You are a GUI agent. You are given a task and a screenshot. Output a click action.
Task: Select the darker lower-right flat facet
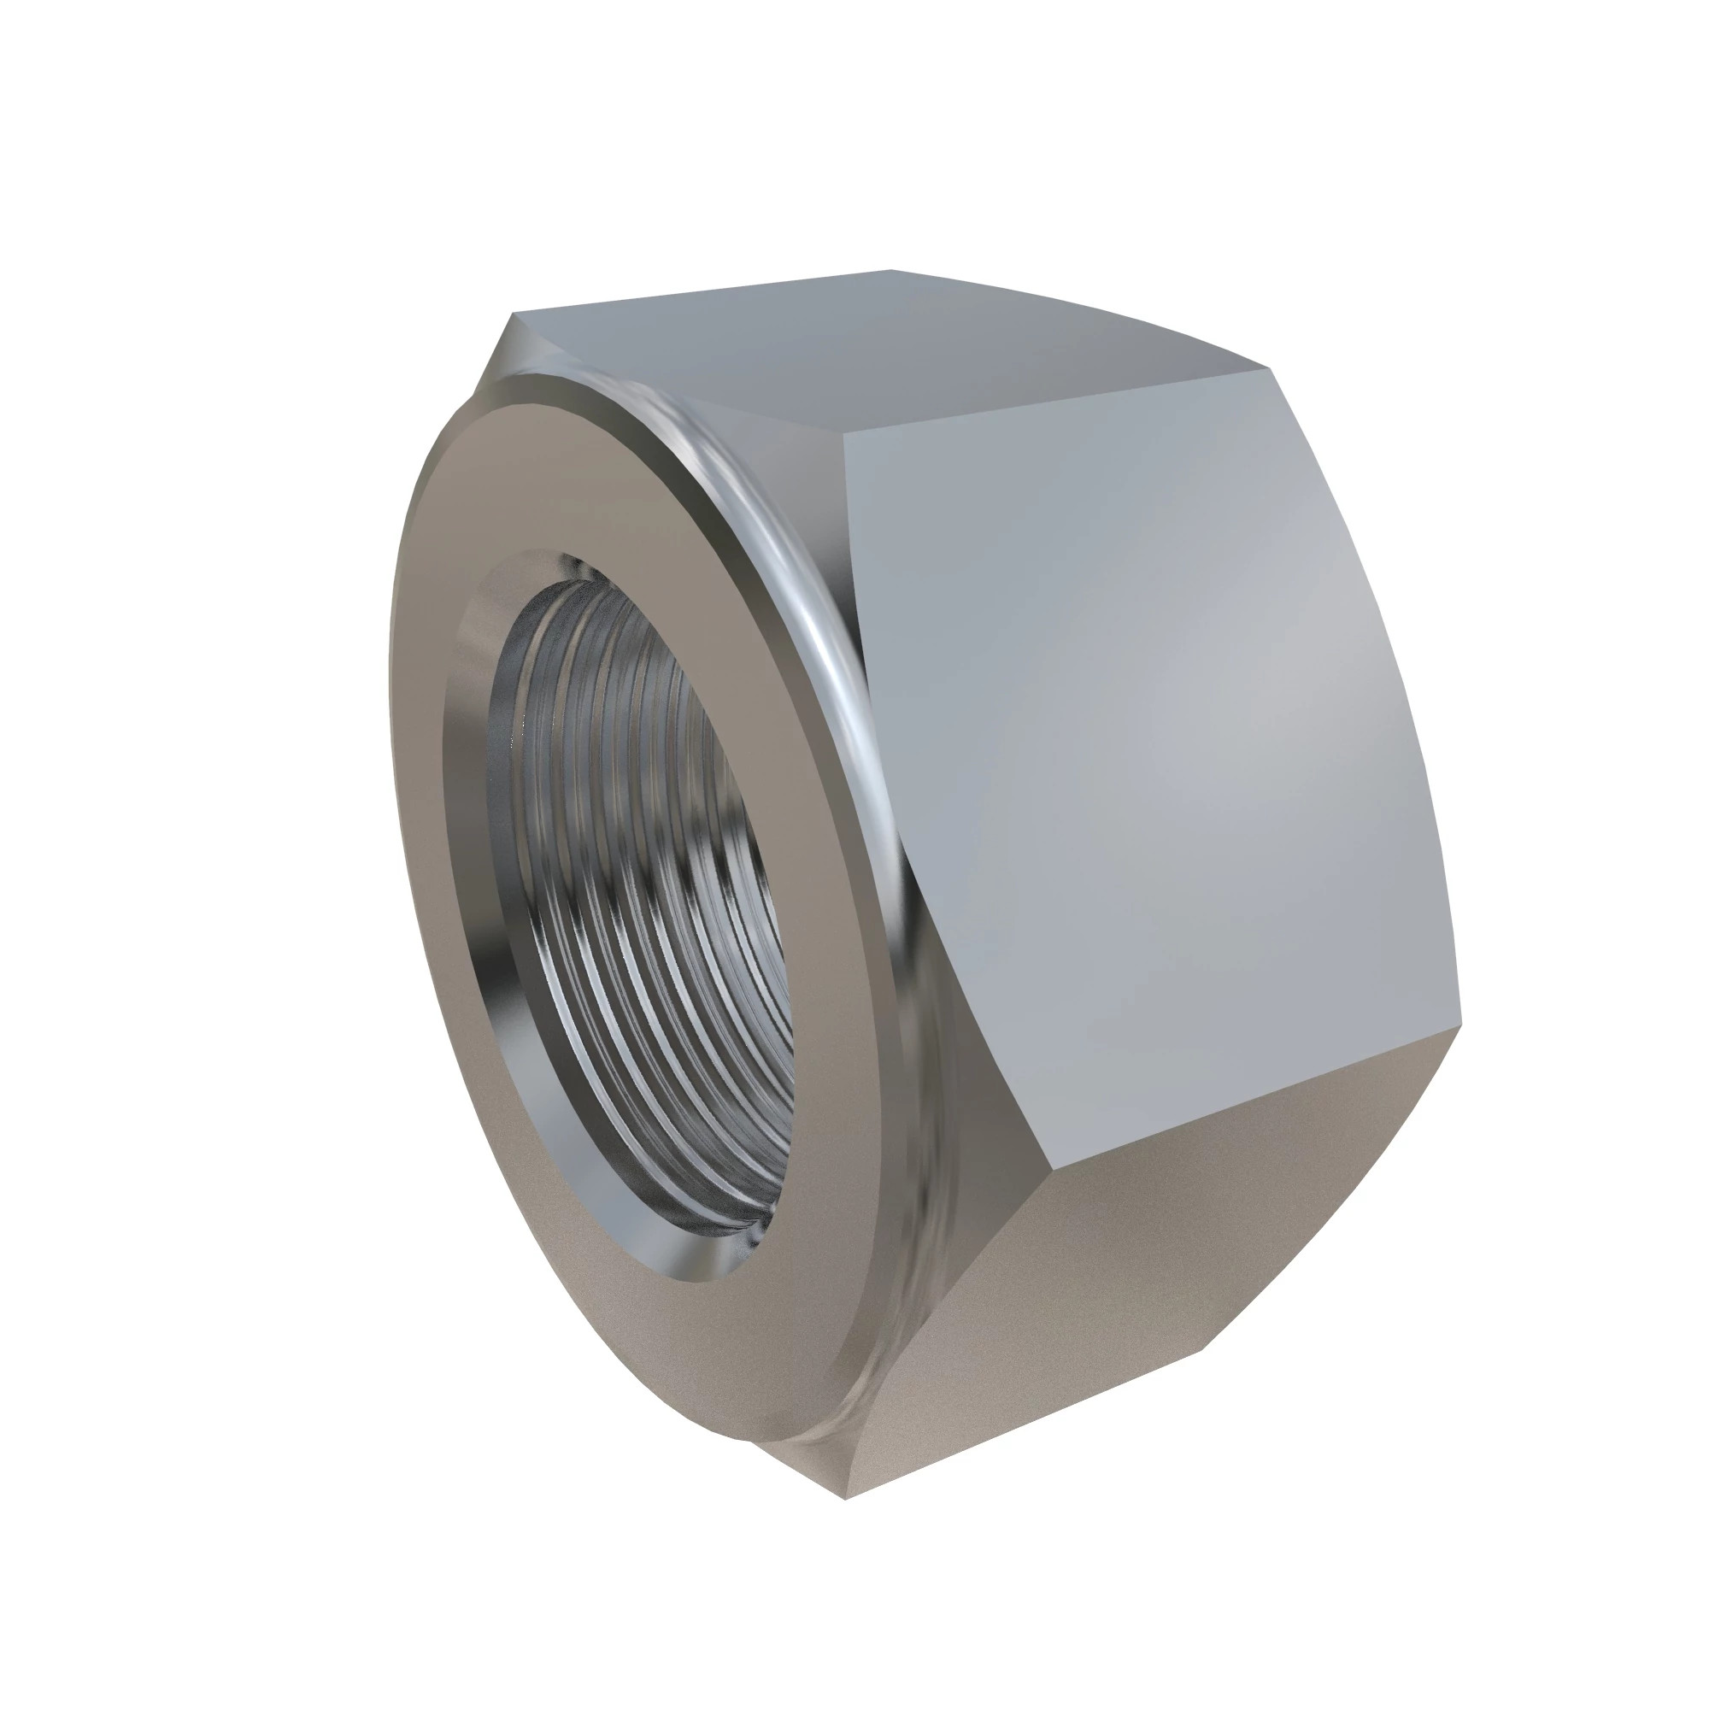tap(1106, 1256)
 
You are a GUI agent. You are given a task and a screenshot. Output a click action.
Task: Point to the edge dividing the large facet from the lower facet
tap(1256, 1092)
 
